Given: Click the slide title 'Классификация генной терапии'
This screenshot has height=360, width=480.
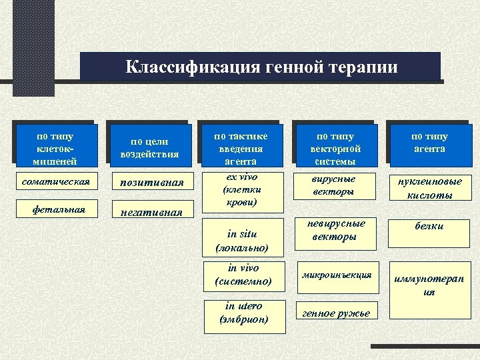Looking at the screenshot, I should point(261,67).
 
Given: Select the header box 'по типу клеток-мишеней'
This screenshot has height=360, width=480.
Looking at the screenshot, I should point(56,148).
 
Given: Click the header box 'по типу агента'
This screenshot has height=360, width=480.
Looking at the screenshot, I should point(429,143).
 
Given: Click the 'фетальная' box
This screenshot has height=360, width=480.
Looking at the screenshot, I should point(59,209).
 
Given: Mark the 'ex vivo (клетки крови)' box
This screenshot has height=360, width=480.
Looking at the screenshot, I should point(242,189).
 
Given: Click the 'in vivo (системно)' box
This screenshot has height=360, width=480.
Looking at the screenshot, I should point(243,275).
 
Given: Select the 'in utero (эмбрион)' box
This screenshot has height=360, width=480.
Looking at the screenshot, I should point(243,313).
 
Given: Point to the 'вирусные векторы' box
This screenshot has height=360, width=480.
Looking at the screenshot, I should point(334,185).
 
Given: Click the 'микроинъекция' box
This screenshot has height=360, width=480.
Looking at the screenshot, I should point(336,275).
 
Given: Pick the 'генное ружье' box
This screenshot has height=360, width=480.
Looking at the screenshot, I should point(336,313).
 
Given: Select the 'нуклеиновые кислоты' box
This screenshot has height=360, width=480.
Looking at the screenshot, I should point(429,188).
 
